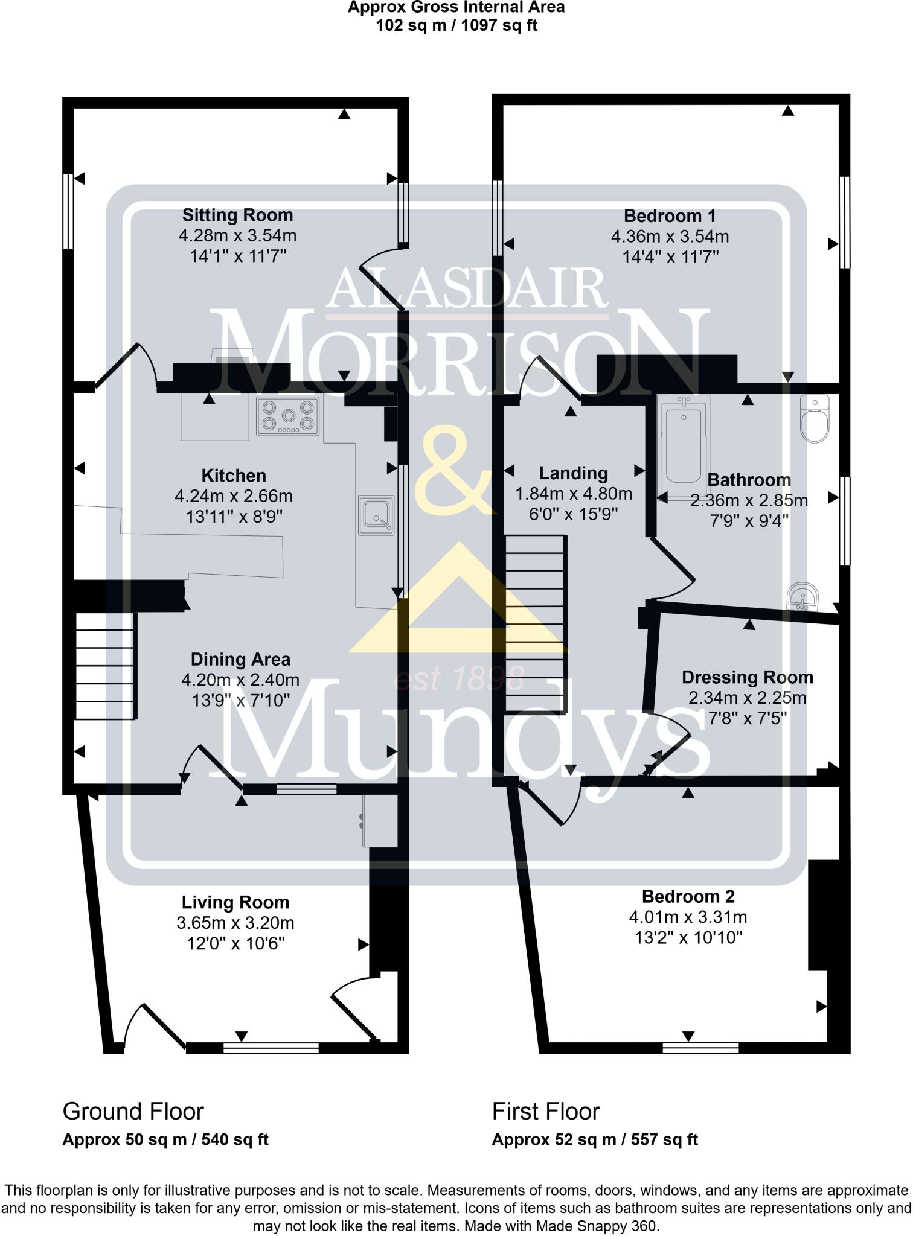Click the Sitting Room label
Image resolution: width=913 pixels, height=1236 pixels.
[237, 215]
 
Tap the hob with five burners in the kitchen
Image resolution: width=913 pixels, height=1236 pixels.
[288, 416]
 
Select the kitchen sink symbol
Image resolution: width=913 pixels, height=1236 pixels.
[376, 515]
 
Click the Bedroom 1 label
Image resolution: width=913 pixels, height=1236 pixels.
[670, 216]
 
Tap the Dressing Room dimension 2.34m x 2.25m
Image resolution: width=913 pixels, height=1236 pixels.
[747, 698]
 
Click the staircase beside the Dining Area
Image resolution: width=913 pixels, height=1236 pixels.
[105, 666]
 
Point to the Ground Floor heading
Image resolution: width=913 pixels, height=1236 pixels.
[133, 1111]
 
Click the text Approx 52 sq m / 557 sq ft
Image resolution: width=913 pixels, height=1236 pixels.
[594, 1140]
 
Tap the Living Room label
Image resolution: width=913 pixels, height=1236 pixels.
[235, 903]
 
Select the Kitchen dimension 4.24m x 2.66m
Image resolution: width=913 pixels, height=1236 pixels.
[234, 497]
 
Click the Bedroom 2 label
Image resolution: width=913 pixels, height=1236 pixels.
[688, 897]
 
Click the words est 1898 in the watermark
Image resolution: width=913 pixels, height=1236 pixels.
[458, 680]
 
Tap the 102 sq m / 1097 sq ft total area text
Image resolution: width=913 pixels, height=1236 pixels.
[456, 26]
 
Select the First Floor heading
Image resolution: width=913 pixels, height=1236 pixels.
[545, 1111]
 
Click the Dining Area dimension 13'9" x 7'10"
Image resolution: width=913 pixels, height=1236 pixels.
[240, 700]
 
